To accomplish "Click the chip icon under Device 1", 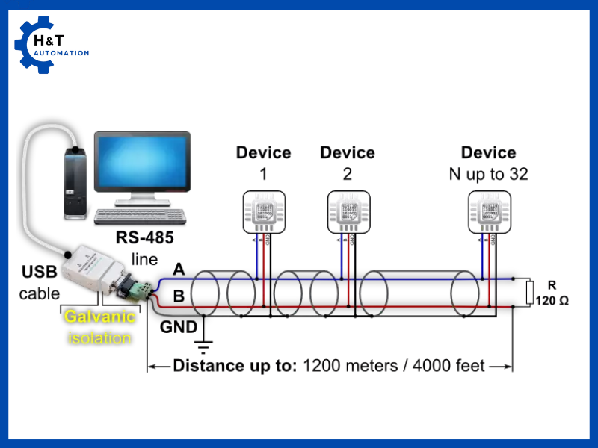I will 263,211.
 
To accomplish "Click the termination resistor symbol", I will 530,293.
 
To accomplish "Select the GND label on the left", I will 179,326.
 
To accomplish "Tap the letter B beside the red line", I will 179,296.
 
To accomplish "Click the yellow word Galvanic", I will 99,316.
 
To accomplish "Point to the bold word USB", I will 39,272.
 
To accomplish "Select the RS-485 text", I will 145,238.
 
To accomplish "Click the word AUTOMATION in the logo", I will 62,53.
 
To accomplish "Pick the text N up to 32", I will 488,175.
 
